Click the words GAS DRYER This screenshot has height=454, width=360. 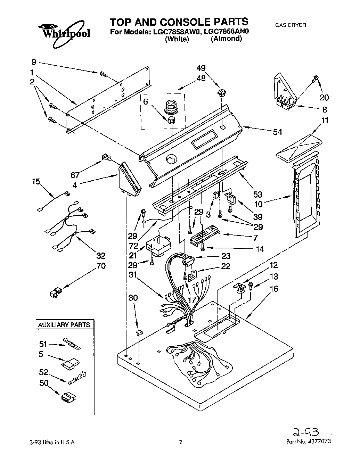point(290,25)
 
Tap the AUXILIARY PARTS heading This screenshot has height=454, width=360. point(64,325)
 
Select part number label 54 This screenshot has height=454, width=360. point(277,132)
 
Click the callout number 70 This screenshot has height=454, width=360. point(101,266)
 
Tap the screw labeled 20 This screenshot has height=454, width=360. point(316,78)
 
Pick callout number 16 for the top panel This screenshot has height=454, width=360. point(274,289)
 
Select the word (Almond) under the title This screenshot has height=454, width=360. point(226,39)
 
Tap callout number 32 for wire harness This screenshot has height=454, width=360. point(100,256)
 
